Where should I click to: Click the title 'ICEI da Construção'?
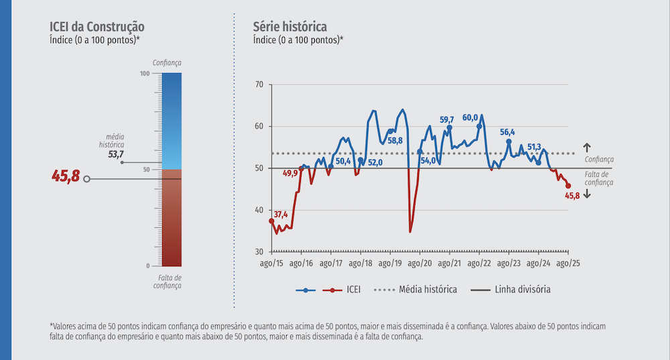pos(97,27)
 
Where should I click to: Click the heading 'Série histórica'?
pos(289,27)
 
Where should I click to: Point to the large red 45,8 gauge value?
pos(66,177)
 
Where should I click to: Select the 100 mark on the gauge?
pos(145,73)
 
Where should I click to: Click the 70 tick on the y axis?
pos(259,84)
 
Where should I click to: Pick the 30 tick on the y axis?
pos(259,251)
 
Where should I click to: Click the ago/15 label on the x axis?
pos(271,263)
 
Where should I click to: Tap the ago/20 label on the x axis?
pos(419,263)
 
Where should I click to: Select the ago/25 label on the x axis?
pos(568,263)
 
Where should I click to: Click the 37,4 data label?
pos(280,215)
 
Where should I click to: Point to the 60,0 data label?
pos(470,119)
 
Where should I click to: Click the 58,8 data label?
pos(395,141)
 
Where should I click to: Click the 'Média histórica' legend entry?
pos(427,290)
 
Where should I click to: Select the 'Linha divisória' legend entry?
pos(523,290)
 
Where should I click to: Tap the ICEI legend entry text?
pos(353,290)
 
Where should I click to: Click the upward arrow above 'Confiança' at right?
pos(586,147)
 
